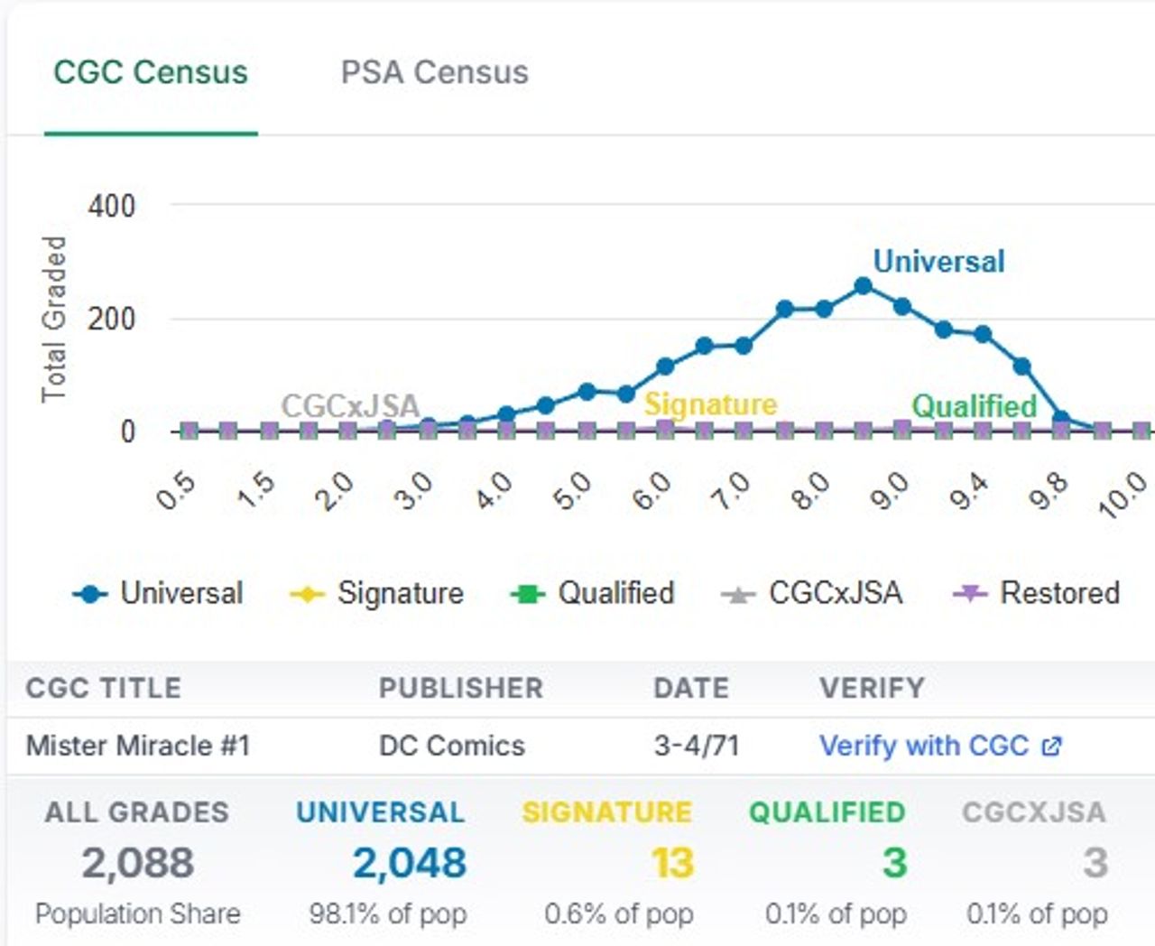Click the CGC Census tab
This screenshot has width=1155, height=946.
point(150,72)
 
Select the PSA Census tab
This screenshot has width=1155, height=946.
point(434,72)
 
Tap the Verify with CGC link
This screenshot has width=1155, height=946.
point(939,746)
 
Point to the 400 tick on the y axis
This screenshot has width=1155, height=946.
point(111,206)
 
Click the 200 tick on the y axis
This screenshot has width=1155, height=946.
point(111,319)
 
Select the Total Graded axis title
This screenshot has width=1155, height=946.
point(54,319)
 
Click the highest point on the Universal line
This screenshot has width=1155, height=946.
point(863,286)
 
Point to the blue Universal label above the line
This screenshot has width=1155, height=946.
point(938,262)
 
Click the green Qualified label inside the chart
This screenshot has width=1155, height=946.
point(975,406)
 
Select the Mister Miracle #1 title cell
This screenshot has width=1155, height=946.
point(138,746)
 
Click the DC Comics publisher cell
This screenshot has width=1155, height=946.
point(451,746)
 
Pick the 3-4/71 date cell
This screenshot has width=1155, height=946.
point(696,746)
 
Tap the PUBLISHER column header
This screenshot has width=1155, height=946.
point(460,688)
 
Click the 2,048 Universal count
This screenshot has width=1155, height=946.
point(409,863)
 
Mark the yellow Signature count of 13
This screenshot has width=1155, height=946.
point(672,863)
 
